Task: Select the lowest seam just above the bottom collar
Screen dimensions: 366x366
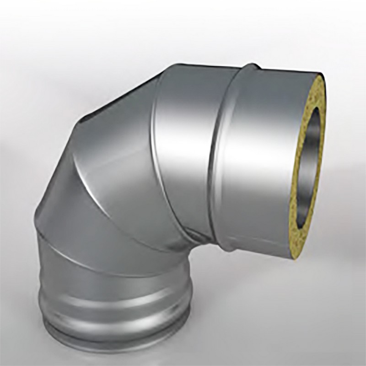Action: pos(114,256)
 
